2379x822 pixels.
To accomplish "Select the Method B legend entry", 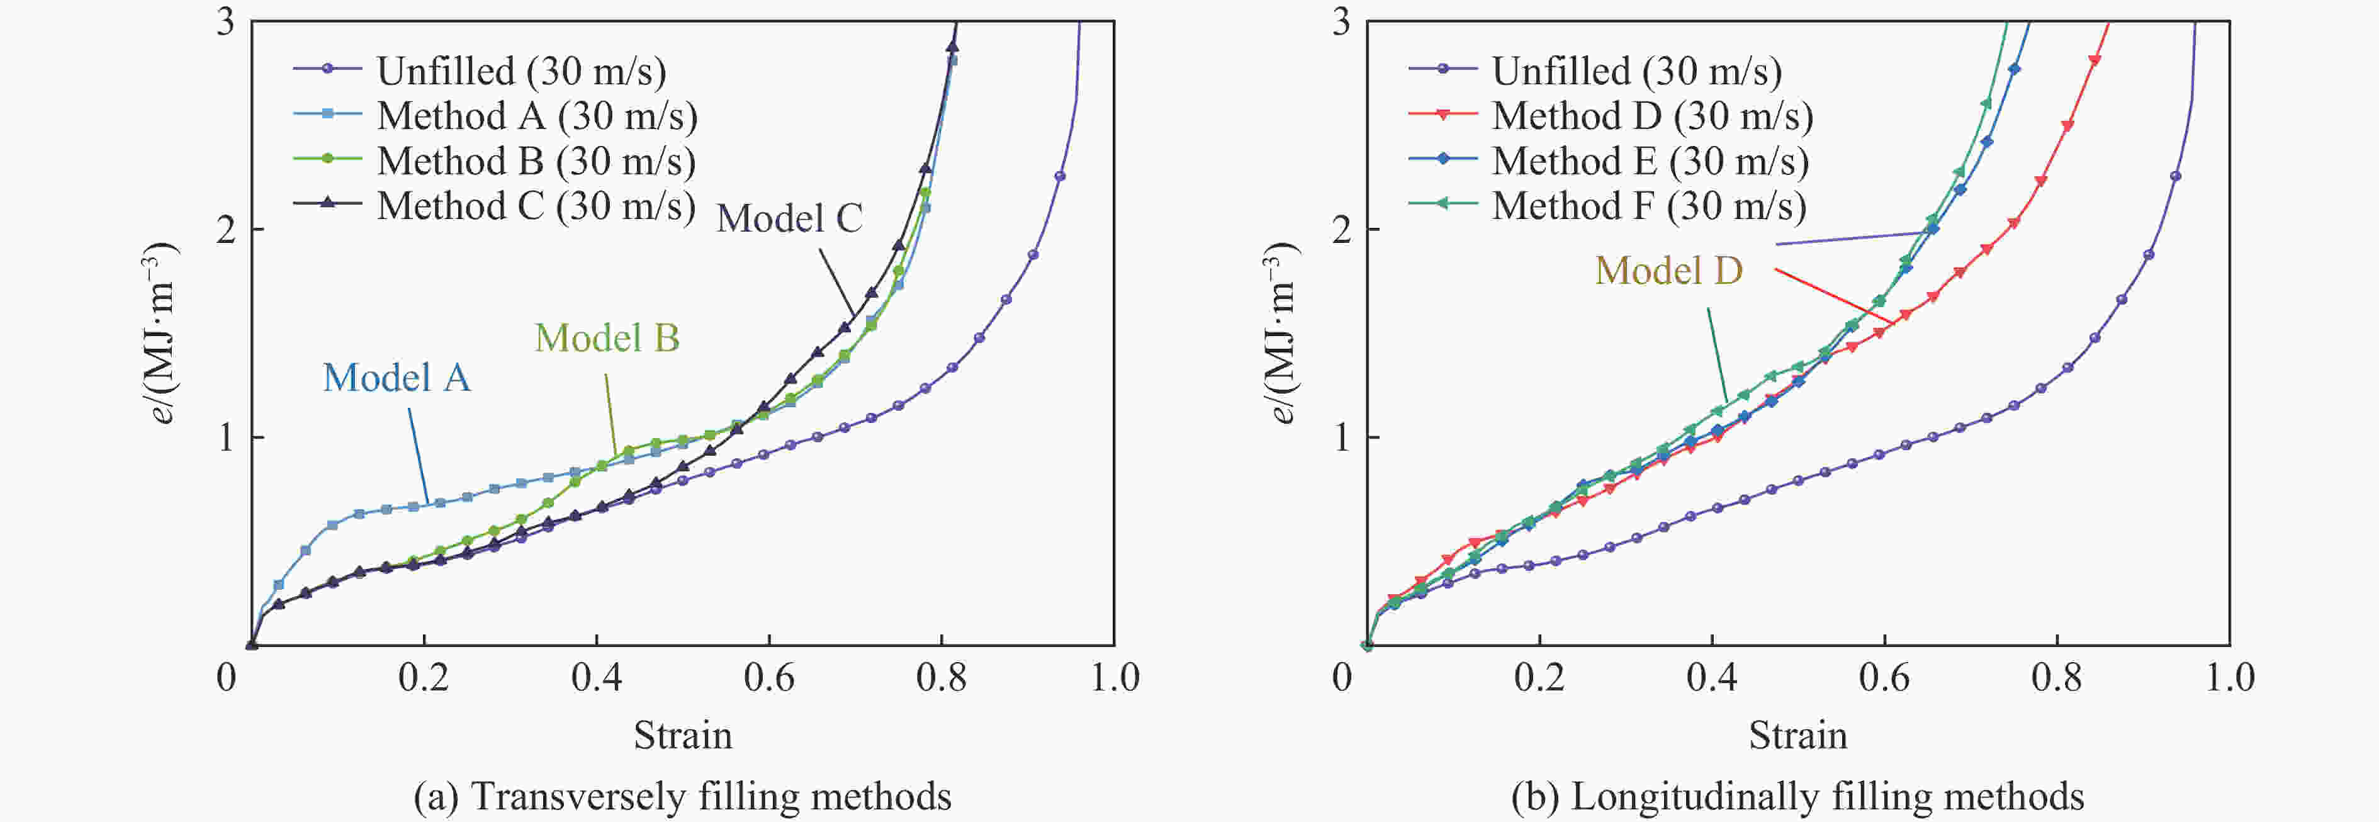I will [536, 160].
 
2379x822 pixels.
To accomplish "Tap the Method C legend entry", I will [536, 205].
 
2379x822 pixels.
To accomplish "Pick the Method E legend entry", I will [1650, 160].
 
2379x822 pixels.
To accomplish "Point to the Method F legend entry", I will [1648, 205].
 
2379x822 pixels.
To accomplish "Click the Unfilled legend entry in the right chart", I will [1636, 70].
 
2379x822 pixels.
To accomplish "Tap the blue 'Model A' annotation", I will [397, 377].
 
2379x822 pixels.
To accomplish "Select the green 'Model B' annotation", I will [607, 337].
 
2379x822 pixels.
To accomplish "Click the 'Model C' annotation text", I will [790, 218].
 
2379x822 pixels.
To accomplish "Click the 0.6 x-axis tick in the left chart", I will [768, 678].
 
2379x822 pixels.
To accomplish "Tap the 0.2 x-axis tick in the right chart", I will [1539, 678].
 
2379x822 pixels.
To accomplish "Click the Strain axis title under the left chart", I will [682, 735].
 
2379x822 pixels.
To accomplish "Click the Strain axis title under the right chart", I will [1797, 735].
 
